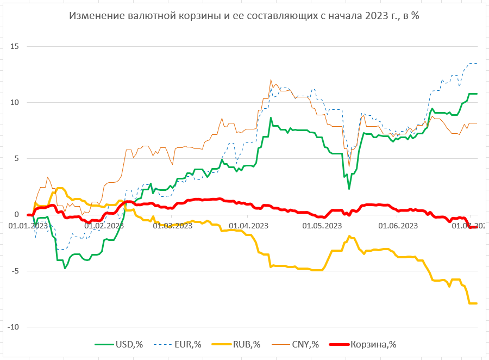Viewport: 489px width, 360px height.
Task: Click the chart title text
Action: (244, 16)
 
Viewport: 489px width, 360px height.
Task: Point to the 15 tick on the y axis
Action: (14, 47)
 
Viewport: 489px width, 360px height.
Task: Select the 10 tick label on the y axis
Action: (14, 103)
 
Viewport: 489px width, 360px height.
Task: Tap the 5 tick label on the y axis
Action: (16, 159)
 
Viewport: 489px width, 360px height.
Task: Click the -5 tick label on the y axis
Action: (15, 271)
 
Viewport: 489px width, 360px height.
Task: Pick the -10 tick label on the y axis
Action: (14, 327)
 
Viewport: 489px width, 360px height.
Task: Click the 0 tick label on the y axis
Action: (16, 215)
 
